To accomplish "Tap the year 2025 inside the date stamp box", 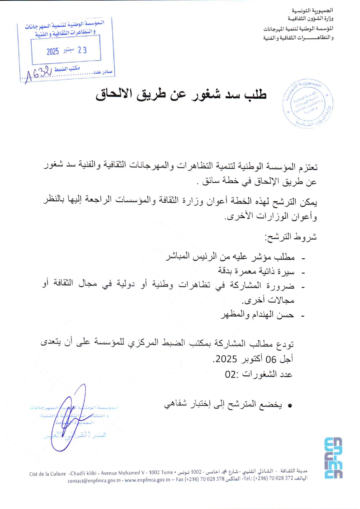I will pos(53,52).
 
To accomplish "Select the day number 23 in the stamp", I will pos(82,50).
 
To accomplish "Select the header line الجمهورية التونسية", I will pos(312,10).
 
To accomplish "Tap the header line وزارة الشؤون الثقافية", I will pos(310,19).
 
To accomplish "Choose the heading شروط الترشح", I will pos(290,237).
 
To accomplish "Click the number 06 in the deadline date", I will pos(271,359).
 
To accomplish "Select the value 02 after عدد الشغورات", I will pos(231,375).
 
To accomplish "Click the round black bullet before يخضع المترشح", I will pos(289,405).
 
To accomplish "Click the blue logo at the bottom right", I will pos(333,458).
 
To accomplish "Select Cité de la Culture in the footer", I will pos(47,474).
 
